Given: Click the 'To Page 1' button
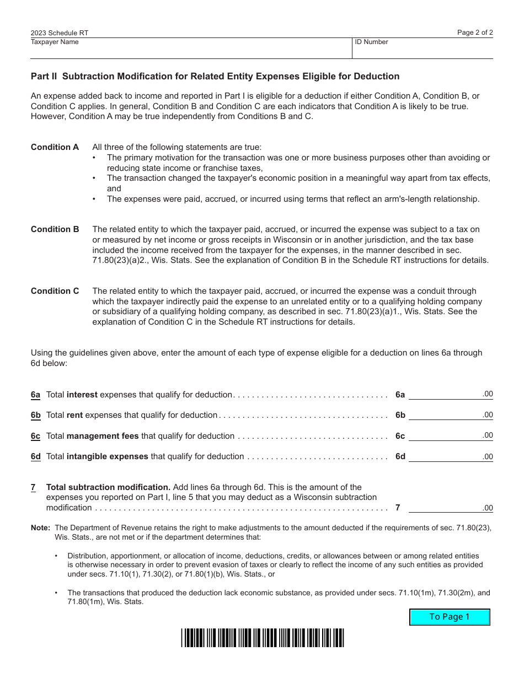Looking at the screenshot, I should pyautogui.click(x=450, y=617).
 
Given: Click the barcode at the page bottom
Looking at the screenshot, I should pyautogui.click(x=263, y=638).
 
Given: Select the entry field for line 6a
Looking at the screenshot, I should pyautogui.click(x=445, y=394).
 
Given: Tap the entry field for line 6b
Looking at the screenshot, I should pyautogui.click(x=445, y=415).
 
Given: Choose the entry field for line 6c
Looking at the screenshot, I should pyautogui.click(x=445, y=435).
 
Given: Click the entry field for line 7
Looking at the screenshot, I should pyautogui.click(x=445, y=507).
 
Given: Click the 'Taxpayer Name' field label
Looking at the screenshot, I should pyautogui.click(x=55, y=42).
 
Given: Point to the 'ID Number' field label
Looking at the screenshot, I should pyautogui.click(x=371, y=42).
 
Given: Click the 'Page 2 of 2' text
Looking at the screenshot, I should pyautogui.click(x=475, y=33).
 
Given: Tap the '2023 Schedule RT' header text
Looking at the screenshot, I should pyautogui.click(x=59, y=33).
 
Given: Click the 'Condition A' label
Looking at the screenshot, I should pyautogui.click(x=55, y=147).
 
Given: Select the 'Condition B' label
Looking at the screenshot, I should pyautogui.click(x=55, y=229).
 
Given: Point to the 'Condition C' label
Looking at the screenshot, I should pyautogui.click(x=55, y=291).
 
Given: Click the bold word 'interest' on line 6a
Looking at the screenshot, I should pyautogui.click(x=82, y=395).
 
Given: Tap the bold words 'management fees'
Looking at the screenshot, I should pyautogui.click(x=103, y=436).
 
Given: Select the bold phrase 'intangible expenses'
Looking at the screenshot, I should pyautogui.click(x=108, y=456).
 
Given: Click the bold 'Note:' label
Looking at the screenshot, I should pyautogui.click(x=40, y=528).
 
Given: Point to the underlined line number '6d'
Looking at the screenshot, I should pyautogui.click(x=36, y=456).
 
